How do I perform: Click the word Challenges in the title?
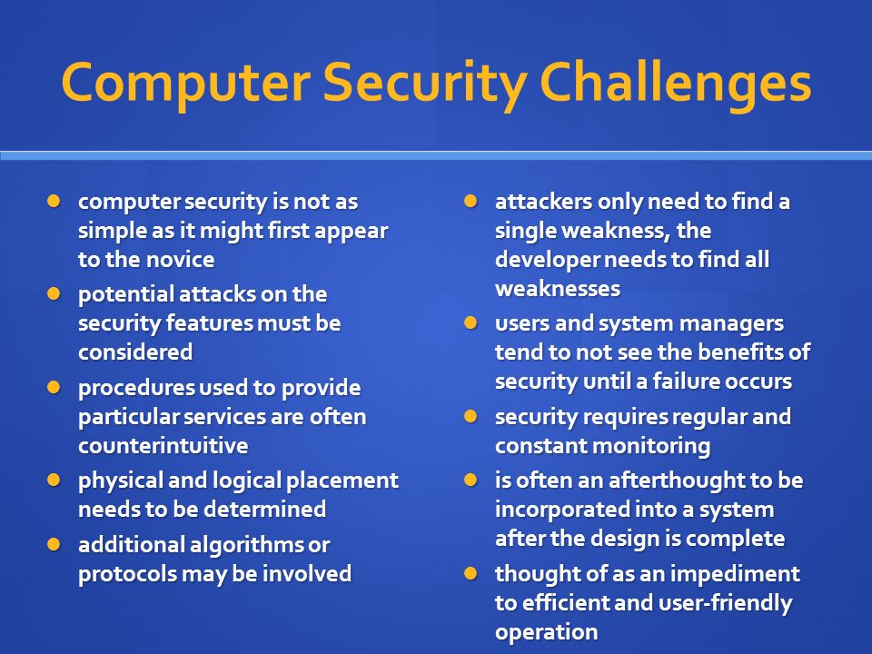[x=675, y=84]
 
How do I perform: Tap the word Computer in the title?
[x=186, y=84]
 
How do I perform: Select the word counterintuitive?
[x=163, y=445]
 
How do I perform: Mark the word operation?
[x=546, y=633]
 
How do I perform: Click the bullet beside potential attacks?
[x=54, y=293]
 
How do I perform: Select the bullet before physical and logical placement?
[x=54, y=480]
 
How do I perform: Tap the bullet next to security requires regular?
[x=471, y=416]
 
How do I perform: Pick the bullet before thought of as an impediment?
[x=471, y=573]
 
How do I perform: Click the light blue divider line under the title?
[x=436, y=155]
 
